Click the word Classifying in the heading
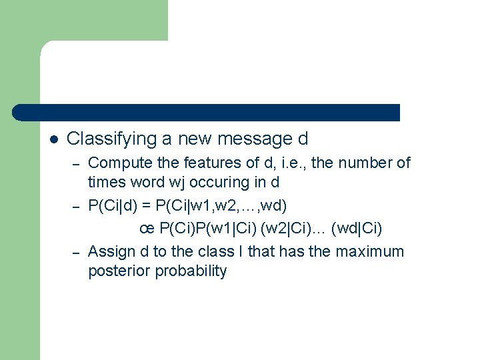pos(111,139)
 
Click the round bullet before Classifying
pos(55,139)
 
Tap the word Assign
pos(109,252)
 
